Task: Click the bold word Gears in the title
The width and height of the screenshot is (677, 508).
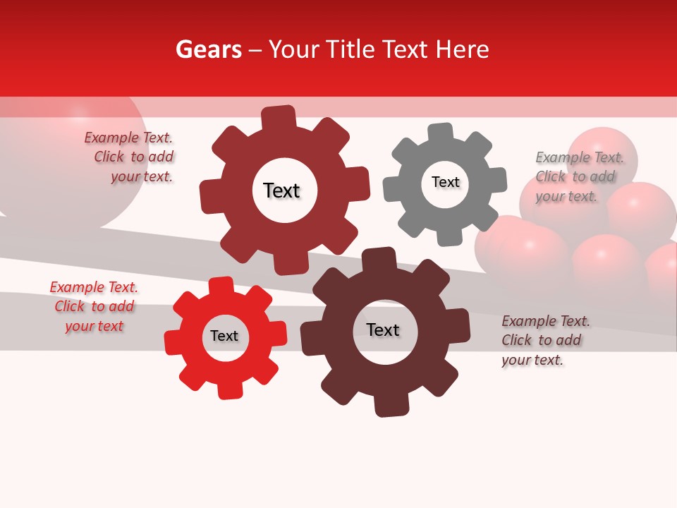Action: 208,49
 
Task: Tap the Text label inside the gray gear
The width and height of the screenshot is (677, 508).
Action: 445,182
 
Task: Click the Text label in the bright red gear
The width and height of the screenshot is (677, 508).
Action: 224,336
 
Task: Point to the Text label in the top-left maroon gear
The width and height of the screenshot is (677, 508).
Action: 281,190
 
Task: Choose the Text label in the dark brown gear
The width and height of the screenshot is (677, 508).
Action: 383,329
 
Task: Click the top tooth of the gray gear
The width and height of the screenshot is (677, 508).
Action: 440,133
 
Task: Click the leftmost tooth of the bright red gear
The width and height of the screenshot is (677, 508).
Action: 173,344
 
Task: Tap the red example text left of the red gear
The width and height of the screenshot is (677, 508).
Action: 94,307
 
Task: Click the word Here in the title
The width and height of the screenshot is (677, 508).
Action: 463,49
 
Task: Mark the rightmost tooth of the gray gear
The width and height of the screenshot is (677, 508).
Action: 497,179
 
